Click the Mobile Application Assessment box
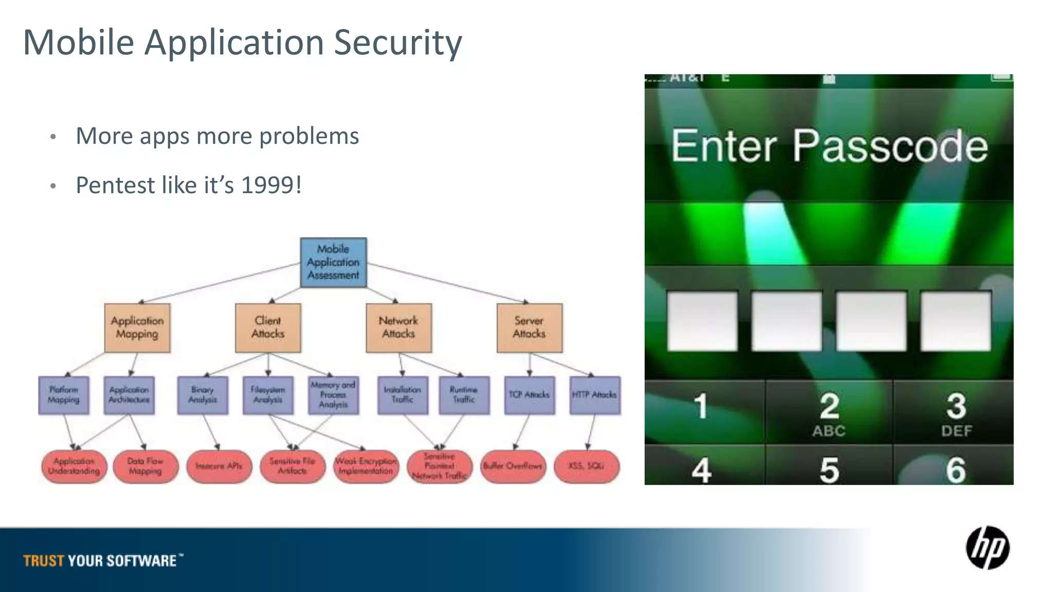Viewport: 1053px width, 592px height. [x=333, y=262]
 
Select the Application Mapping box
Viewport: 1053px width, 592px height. [x=137, y=327]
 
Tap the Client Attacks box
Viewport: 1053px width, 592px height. [x=268, y=327]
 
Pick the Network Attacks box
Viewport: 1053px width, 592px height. [x=398, y=327]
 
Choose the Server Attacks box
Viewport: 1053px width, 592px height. [x=529, y=327]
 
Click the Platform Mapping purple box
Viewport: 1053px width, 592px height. [x=64, y=395]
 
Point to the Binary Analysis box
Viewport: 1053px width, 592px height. [x=203, y=395]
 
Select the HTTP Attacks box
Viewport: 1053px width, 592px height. [x=595, y=395]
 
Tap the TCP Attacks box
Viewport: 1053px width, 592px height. [x=530, y=395]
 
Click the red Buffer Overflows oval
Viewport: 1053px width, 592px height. [x=513, y=466]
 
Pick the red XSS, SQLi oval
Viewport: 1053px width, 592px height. [x=586, y=466]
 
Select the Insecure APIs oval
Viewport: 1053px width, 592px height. [x=219, y=466]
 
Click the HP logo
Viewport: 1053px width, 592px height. [x=987, y=548]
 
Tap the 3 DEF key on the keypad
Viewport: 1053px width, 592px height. [x=955, y=413]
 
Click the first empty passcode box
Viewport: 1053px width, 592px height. [x=702, y=321]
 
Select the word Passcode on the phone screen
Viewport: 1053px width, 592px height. [x=889, y=147]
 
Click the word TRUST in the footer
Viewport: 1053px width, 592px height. [x=44, y=561]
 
